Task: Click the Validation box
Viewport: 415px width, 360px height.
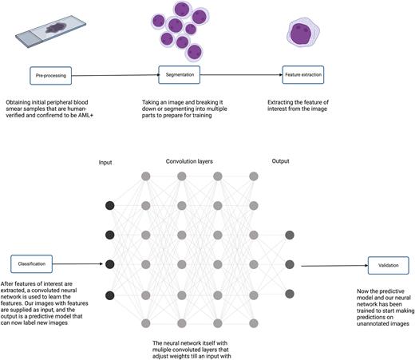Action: coord(389,264)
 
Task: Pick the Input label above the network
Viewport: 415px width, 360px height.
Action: coord(105,160)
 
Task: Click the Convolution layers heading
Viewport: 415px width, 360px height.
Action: coord(194,160)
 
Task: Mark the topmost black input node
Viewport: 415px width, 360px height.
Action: coord(109,206)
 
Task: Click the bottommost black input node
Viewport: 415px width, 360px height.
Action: coord(109,293)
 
